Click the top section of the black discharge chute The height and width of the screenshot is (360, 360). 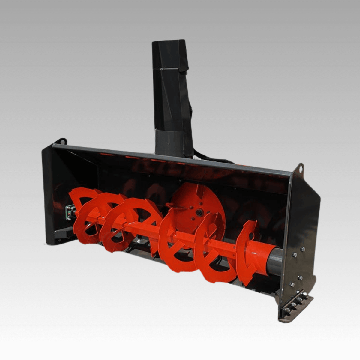tap(170, 55)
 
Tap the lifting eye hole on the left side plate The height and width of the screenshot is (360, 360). tap(63, 141)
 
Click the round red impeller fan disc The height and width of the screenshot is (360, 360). tap(198, 207)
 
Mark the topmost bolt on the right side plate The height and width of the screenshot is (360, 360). tap(303, 249)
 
